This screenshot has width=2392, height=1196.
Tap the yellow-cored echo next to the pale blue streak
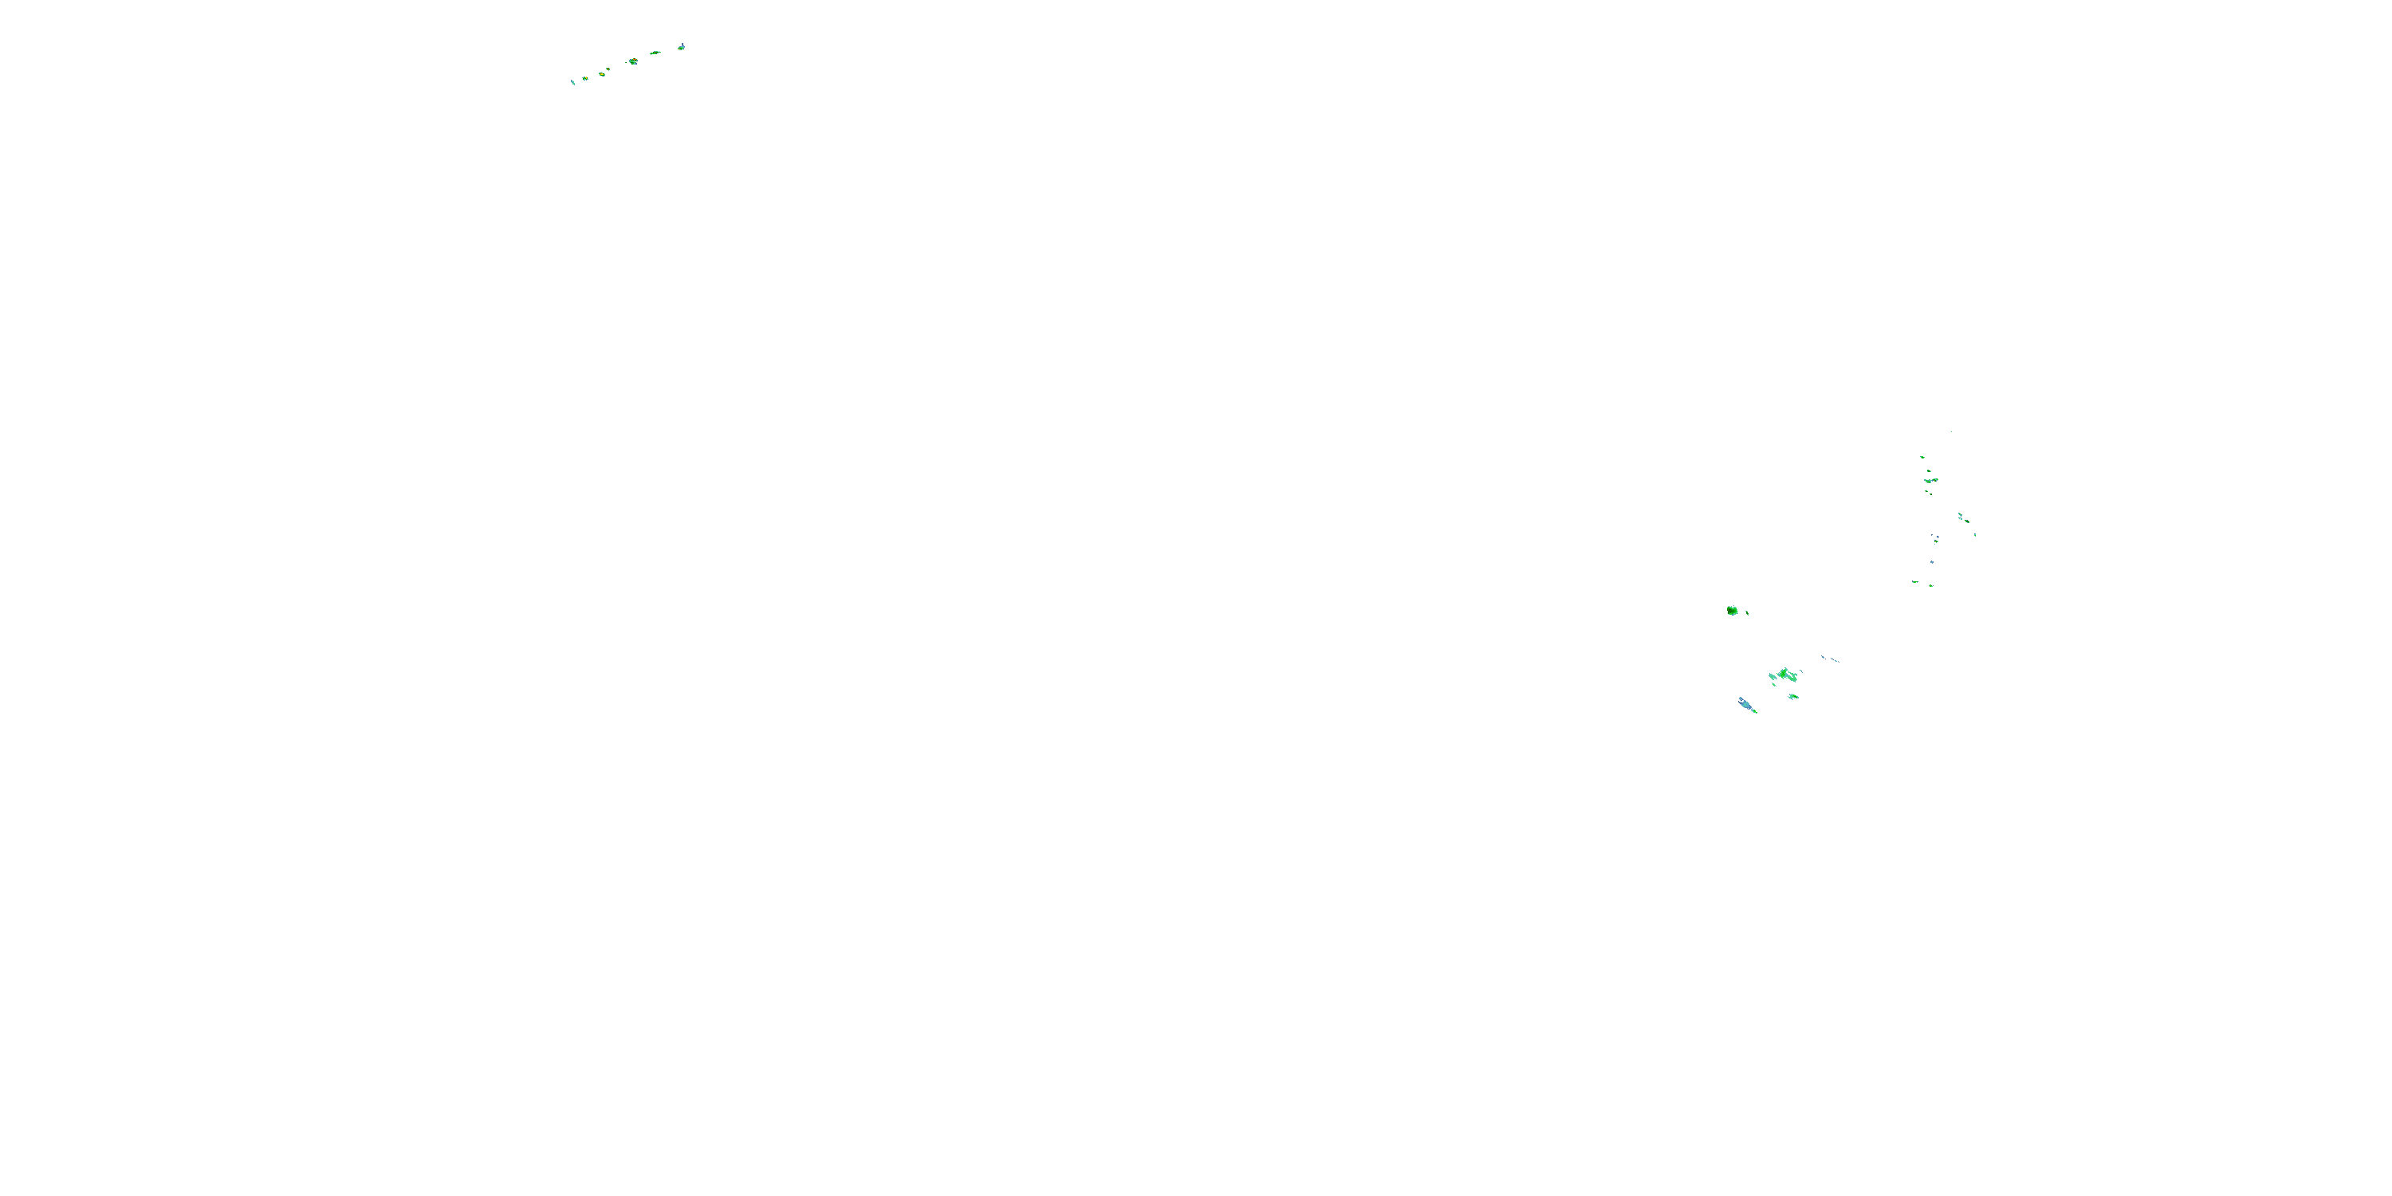(x=586, y=79)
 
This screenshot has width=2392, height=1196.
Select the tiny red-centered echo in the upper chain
(x=608, y=69)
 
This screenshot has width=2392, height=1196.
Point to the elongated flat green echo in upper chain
(x=655, y=53)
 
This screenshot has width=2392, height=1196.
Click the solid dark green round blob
(x=1733, y=611)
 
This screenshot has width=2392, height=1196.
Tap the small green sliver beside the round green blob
(x=1748, y=614)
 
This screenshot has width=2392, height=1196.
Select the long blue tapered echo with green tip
(x=1747, y=705)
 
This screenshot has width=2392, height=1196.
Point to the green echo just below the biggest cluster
(x=1794, y=696)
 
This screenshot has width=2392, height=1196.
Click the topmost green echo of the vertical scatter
(x=1923, y=457)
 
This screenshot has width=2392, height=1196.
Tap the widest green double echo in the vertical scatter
(x=1931, y=480)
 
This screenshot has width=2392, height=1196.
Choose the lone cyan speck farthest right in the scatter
(x=1975, y=534)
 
